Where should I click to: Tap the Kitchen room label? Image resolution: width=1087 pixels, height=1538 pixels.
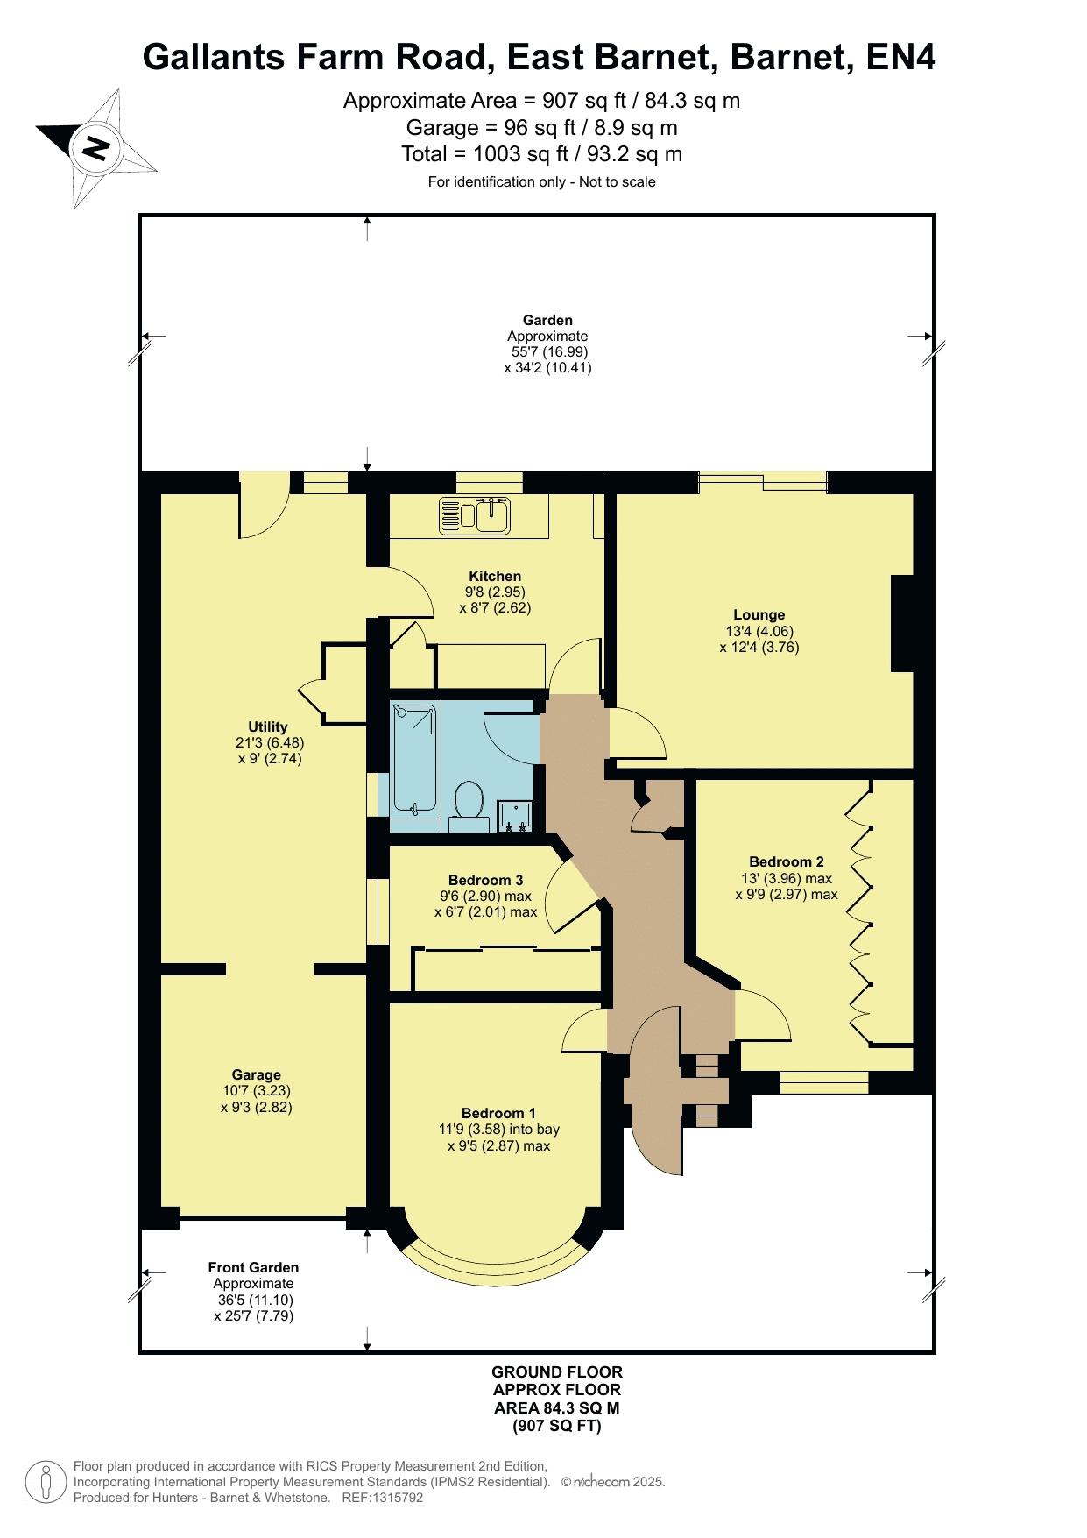[x=495, y=576]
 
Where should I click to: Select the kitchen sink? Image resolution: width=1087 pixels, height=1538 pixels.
[x=475, y=514]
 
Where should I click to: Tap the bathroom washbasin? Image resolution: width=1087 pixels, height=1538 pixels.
[x=514, y=816]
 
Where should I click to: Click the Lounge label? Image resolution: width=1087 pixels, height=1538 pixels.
[x=759, y=615]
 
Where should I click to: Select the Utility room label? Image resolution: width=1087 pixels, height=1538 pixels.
[x=268, y=726]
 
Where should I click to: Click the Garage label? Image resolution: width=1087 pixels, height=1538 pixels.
[x=257, y=1074]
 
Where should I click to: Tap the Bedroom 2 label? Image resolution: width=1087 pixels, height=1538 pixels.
[x=787, y=861]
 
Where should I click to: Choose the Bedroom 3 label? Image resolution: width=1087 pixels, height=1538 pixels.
[x=486, y=880]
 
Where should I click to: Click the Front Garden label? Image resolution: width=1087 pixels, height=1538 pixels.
[x=253, y=1267]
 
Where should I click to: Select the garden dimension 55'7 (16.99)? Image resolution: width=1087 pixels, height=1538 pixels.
[x=548, y=352]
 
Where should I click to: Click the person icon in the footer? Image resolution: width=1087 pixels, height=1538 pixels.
[x=46, y=1482]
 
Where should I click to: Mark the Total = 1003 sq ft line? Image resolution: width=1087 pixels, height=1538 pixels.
[x=542, y=154]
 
